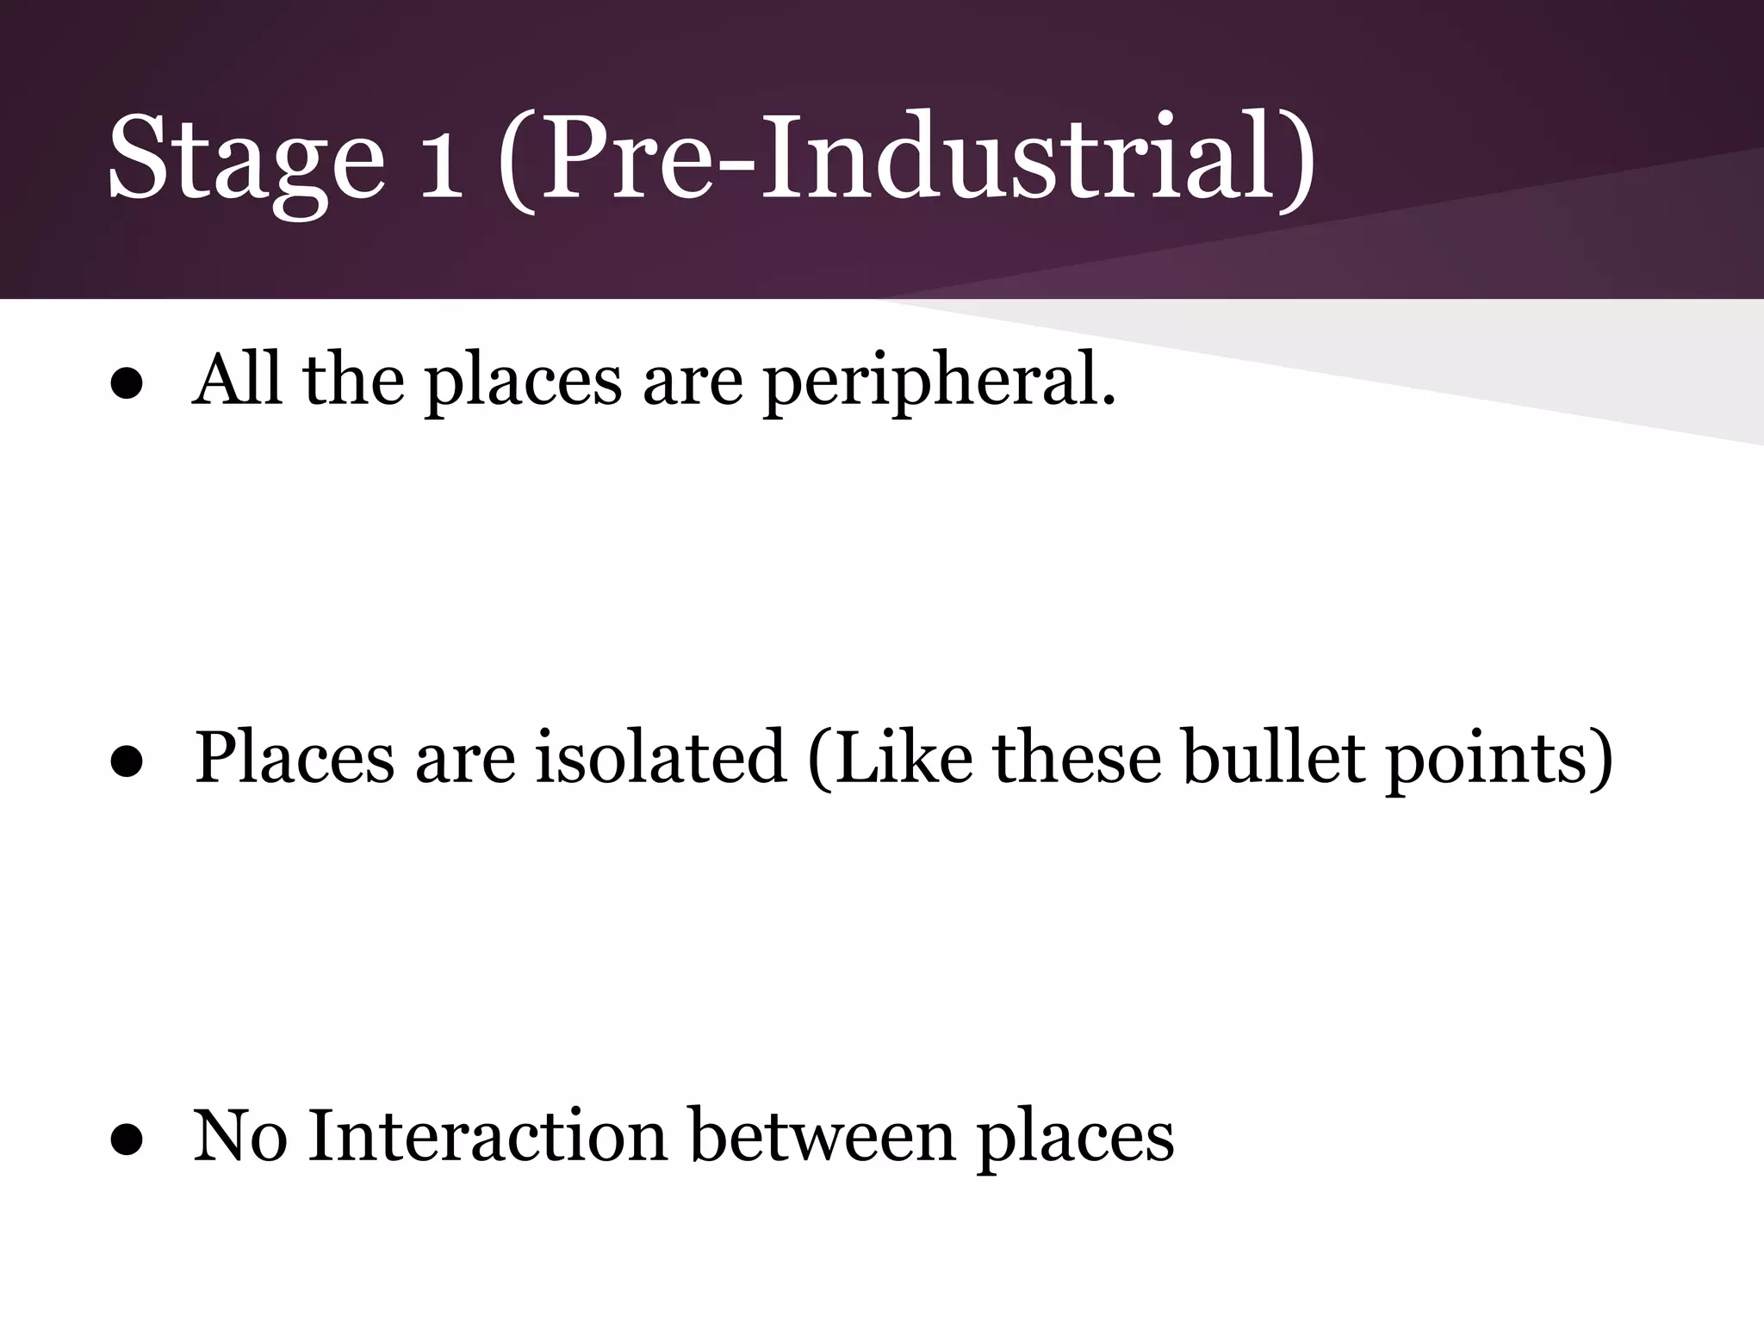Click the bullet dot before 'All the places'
point(127,386)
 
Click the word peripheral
point(940,383)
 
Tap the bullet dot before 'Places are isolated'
point(127,763)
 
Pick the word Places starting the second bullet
point(294,758)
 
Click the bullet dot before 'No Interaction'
point(127,1141)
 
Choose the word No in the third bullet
point(240,1135)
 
